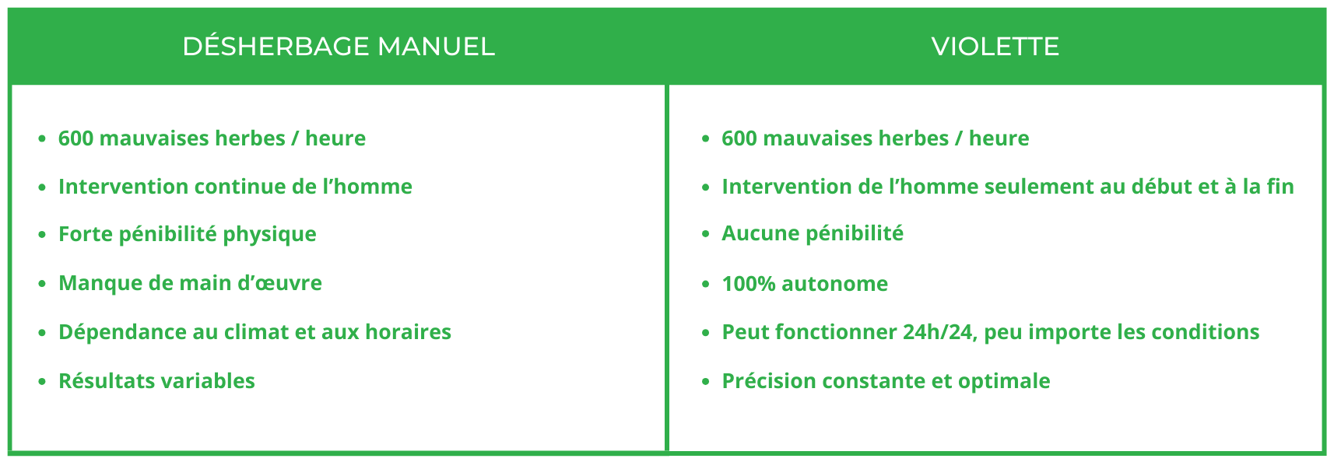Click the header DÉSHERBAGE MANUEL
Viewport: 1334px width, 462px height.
(339, 46)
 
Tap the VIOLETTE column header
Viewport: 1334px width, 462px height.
(995, 47)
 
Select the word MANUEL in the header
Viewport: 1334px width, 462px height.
(436, 47)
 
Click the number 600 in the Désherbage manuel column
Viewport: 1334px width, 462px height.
(75, 138)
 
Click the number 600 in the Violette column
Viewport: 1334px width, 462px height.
(739, 138)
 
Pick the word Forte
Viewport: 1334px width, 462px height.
(85, 234)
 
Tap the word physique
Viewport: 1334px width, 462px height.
(270, 235)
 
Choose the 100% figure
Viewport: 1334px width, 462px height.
(748, 284)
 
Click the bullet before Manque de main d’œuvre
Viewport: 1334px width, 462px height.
(42, 284)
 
